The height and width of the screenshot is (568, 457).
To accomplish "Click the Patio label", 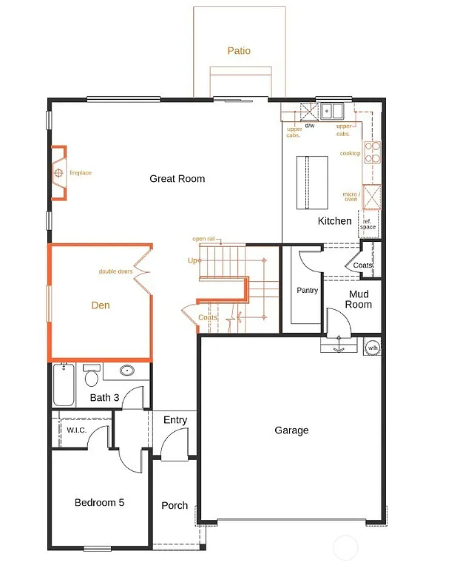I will pyautogui.click(x=239, y=51).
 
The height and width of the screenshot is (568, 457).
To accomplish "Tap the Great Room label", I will pyautogui.click(x=177, y=179).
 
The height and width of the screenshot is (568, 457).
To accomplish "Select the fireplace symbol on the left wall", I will pyautogui.click(x=58, y=174).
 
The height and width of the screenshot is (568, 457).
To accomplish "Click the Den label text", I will pyautogui.click(x=101, y=305).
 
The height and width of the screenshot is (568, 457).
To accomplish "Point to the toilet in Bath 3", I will pyautogui.click(x=92, y=376).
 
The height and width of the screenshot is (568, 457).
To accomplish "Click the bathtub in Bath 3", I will pyautogui.click(x=64, y=384).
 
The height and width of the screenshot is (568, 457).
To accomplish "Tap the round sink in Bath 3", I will pyautogui.click(x=126, y=371).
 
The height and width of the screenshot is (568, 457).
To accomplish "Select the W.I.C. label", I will pyautogui.click(x=77, y=430).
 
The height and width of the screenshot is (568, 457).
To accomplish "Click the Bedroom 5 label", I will pyautogui.click(x=99, y=503).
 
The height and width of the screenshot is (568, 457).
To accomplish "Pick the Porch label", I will pyautogui.click(x=175, y=506).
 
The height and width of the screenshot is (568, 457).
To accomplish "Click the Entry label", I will pyautogui.click(x=175, y=420).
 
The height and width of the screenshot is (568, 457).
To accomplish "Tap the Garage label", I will pyautogui.click(x=291, y=430).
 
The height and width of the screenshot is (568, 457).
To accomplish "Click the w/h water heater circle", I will pyautogui.click(x=373, y=347).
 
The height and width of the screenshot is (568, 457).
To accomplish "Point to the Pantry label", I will pyautogui.click(x=307, y=291).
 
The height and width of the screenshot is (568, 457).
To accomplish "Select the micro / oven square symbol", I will pyautogui.click(x=371, y=194).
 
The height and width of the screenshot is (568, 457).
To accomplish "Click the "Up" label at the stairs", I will pyautogui.click(x=193, y=260).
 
